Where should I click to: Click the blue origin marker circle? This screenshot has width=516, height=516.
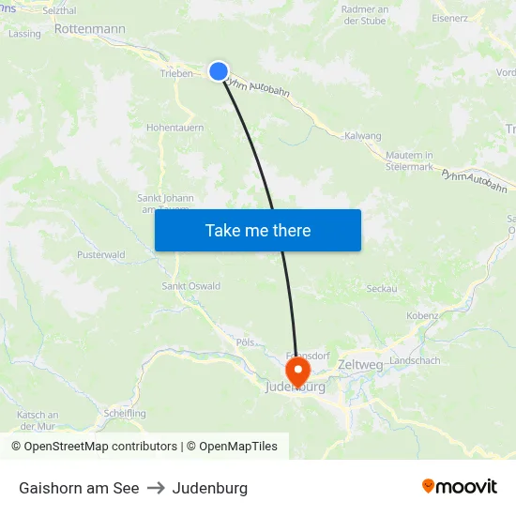219,71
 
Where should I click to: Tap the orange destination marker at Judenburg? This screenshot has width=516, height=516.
298,367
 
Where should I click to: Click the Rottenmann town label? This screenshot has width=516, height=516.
90,29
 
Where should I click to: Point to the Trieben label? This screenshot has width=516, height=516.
176,73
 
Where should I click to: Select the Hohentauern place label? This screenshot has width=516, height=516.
175,128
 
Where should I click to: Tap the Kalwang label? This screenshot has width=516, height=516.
363,136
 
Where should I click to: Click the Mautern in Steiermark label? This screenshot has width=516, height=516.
409,160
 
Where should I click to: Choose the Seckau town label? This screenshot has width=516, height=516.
381,289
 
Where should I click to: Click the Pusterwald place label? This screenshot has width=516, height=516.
100,254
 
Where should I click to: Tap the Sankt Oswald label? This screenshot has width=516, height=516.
191,286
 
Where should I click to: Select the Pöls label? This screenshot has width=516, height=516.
246,342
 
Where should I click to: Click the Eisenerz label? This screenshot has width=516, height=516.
449,18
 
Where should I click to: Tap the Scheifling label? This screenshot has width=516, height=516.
125,413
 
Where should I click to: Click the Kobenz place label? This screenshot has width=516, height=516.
422,316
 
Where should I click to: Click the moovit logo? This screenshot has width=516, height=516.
460,487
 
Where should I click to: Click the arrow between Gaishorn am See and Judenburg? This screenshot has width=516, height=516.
156,488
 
